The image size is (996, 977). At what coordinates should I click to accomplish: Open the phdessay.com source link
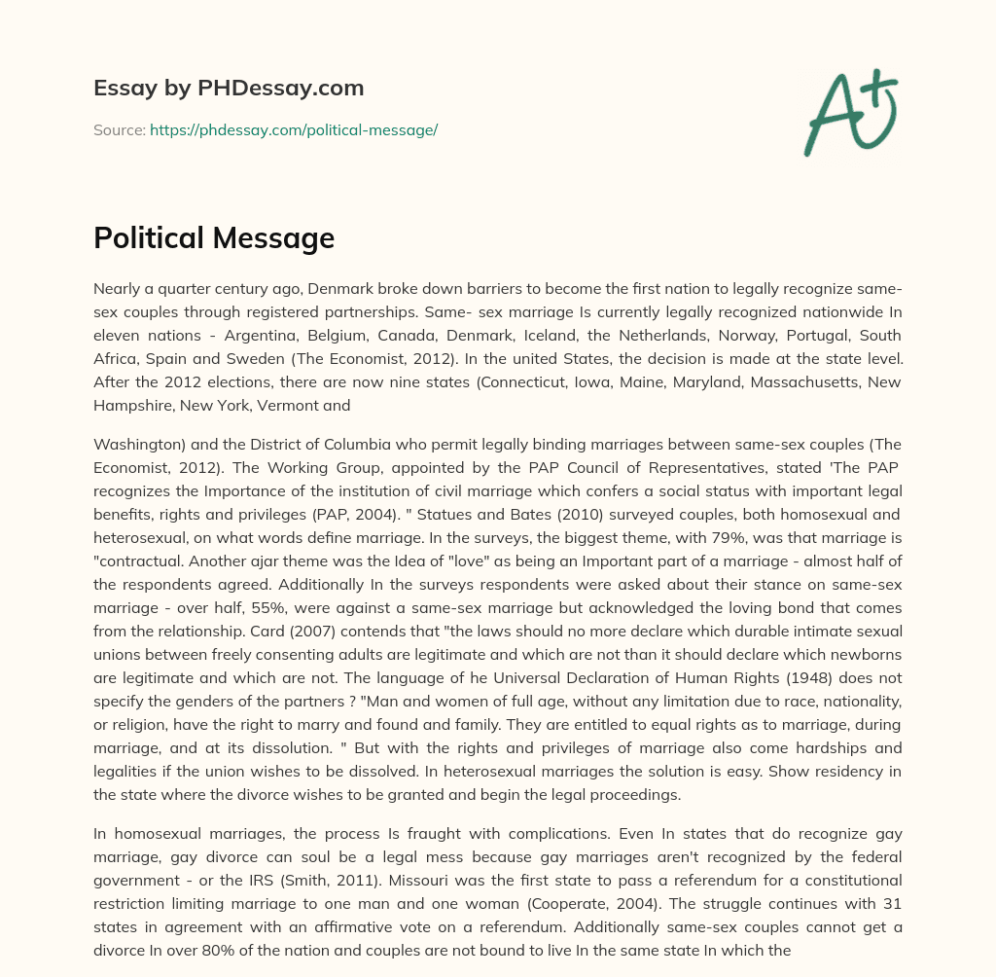pos(294,129)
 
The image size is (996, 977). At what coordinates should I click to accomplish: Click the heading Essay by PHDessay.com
pos(229,89)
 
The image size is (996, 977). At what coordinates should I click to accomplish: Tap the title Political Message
pos(214,238)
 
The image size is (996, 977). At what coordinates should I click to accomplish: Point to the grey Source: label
pos(120,129)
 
